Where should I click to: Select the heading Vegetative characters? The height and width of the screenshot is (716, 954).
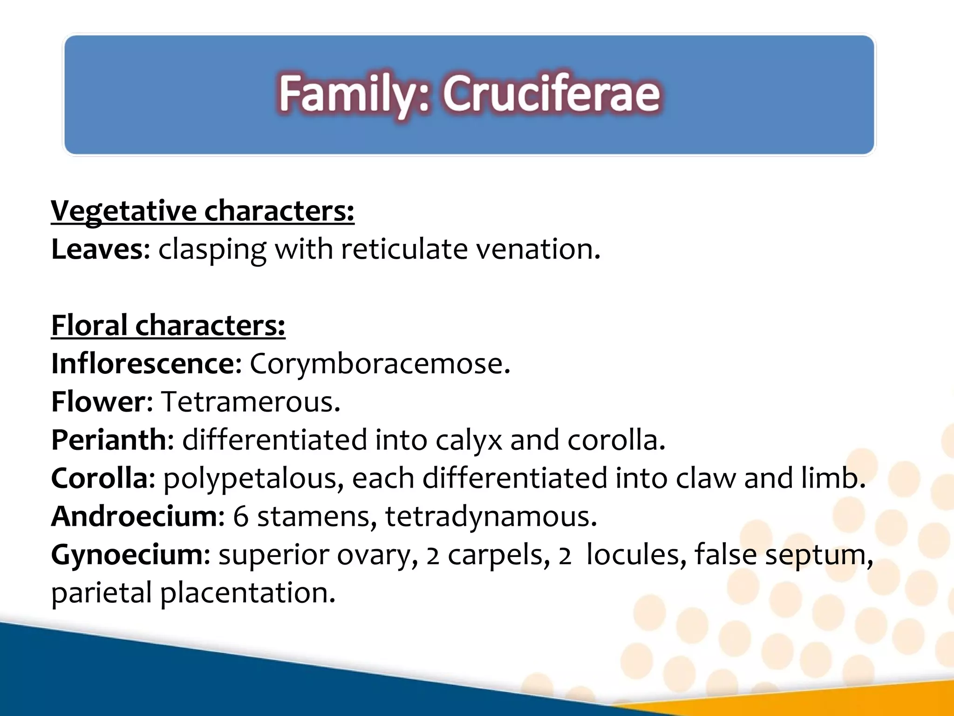tap(202, 211)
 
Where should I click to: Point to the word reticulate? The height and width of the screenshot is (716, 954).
tap(404, 249)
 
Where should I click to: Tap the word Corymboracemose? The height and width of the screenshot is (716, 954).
tap(379, 364)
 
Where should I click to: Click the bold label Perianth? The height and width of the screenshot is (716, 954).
tap(109, 440)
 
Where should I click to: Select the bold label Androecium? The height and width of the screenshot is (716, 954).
tap(134, 516)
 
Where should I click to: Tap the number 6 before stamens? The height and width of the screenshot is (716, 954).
tap(241, 516)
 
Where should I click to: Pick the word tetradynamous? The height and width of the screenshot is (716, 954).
tap(490, 516)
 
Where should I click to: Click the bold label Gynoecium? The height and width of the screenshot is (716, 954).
tap(127, 555)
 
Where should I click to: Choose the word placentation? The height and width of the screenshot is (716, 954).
tap(247, 593)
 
